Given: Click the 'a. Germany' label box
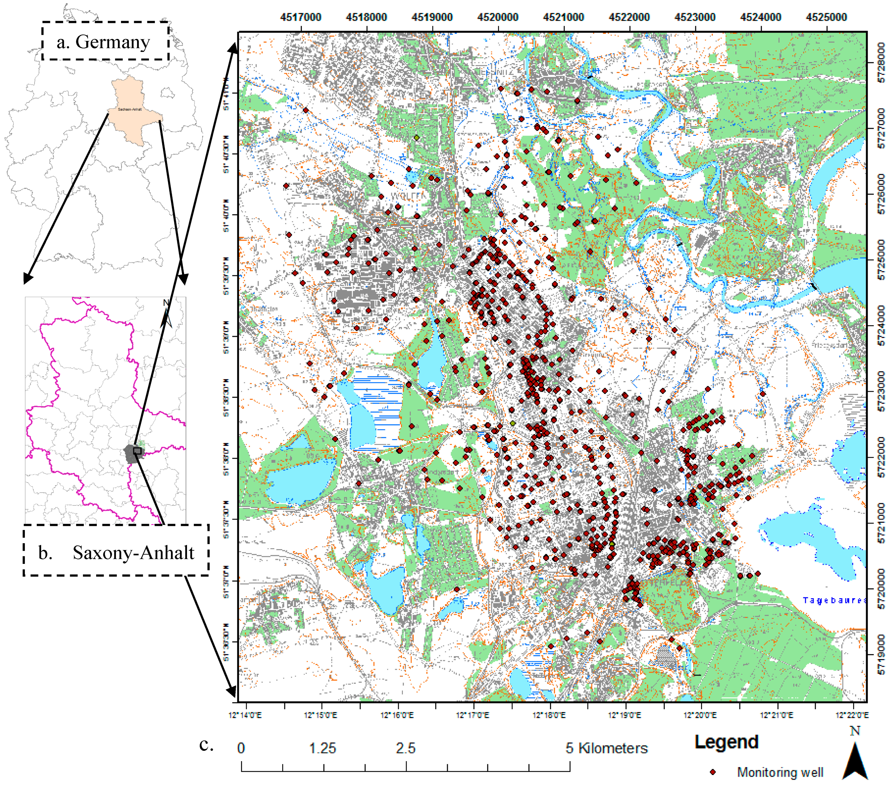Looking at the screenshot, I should pos(105,41).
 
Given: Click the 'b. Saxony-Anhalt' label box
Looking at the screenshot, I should pos(116,552).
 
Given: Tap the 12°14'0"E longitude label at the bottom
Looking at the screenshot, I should pos(245,715).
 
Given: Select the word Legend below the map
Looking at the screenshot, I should pos(726,742).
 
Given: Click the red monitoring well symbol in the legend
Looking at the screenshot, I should pos(713,772).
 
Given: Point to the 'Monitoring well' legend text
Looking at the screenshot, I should pos(780,772).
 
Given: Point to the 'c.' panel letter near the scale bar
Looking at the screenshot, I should pos(206,745).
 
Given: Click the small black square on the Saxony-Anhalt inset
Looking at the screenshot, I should pos(137,451).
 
